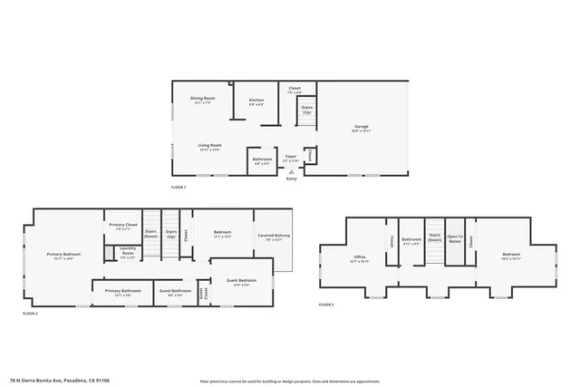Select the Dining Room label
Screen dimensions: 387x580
(x=202, y=100)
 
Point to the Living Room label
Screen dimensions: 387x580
(x=210, y=147)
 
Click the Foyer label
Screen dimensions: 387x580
(x=291, y=158)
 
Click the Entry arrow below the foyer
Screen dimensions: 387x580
(x=291, y=171)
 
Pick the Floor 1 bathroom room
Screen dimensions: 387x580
(x=261, y=161)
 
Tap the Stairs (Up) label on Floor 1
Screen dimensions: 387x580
(x=306, y=110)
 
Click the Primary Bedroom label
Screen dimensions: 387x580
(x=63, y=256)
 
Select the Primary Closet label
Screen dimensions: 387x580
(x=122, y=227)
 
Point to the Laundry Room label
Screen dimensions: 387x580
(x=127, y=254)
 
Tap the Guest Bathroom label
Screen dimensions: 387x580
(x=175, y=294)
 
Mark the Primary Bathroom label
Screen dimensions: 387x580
(x=123, y=294)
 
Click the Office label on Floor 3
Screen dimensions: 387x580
(x=359, y=259)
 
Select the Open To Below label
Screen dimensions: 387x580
(x=455, y=240)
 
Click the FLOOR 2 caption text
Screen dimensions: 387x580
(x=30, y=313)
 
